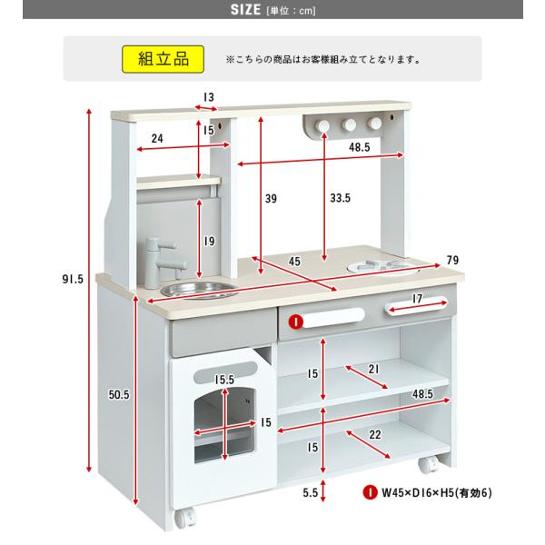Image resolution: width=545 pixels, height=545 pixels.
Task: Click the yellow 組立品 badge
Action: click(163, 59)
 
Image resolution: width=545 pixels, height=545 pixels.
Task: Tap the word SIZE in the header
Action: click(245, 9)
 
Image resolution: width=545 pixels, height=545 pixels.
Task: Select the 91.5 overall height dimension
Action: click(73, 279)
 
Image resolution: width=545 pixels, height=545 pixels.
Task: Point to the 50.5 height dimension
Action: click(118, 394)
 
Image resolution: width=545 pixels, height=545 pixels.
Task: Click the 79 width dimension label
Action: click(452, 260)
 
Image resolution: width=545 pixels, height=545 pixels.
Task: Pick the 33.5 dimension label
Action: click(341, 198)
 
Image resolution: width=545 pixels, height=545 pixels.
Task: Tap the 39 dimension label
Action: click(271, 198)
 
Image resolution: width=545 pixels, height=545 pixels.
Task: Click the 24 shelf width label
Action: click(157, 138)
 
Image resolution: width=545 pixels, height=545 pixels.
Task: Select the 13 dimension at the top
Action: click(209, 97)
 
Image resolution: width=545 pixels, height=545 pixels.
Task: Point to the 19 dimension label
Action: click(209, 241)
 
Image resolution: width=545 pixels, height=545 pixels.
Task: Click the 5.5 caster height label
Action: click(310, 492)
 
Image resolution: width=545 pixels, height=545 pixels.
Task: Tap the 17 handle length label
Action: click(417, 298)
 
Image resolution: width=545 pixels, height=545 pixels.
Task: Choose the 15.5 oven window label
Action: click(224, 380)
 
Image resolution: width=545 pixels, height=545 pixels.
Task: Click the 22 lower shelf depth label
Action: click(374, 434)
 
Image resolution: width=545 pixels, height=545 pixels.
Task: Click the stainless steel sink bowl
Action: click(200, 290)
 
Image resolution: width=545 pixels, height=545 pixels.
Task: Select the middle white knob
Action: click(349, 124)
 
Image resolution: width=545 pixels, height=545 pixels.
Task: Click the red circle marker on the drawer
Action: click(296, 322)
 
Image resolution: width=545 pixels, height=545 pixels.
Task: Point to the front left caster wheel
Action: click(185, 518)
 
